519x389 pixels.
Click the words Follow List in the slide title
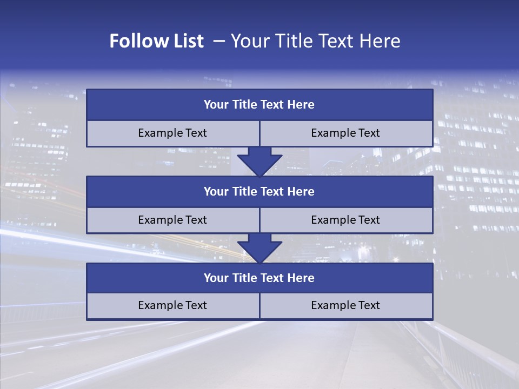click(x=156, y=41)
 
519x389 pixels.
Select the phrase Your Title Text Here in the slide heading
click(x=315, y=41)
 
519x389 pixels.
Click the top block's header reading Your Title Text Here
click(x=259, y=105)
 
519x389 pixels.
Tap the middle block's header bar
click(x=259, y=192)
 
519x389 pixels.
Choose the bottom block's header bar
click(x=259, y=278)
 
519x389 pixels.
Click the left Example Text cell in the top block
click(x=172, y=133)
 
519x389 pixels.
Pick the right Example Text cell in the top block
click(x=345, y=133)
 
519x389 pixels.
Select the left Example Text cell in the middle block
click(x=172, y=220)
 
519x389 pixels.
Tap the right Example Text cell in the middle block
click(x=345, y=220)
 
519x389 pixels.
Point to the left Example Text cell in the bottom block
click(x=172, y=306)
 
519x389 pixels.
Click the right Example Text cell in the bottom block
click(x=345, y=306)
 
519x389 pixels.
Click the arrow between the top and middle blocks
click(x=259, y=161)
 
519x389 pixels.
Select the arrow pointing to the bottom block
click(x=259, y=248)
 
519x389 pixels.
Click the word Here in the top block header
click(x=301, y=105)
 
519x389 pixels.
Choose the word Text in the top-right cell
click(x=368, y=133)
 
